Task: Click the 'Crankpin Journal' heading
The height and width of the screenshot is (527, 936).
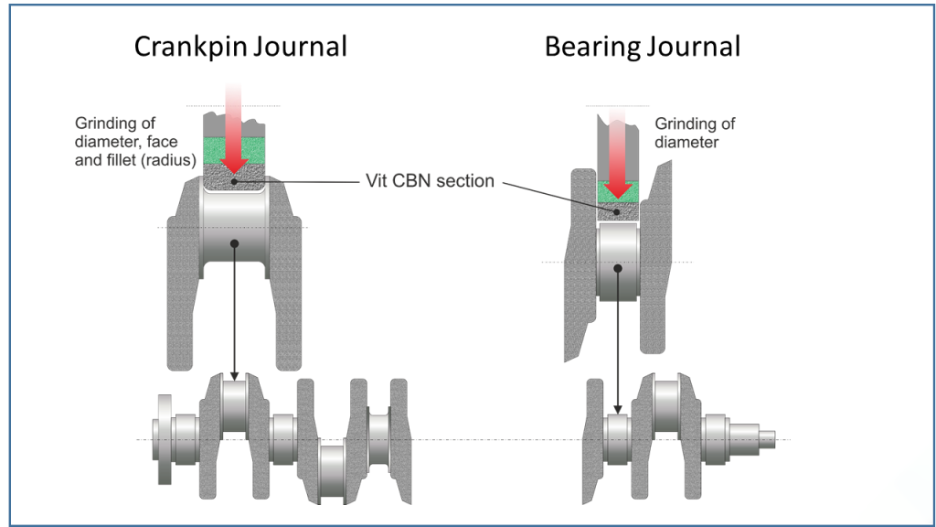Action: point(240,47)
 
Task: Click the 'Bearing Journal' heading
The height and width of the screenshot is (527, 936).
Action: point(642,47)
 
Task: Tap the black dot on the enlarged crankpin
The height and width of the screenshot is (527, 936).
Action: point(235,242)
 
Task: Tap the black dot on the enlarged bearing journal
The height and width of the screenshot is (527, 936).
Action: point(618,269)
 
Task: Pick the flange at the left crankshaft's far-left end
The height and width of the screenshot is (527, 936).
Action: point(165,439)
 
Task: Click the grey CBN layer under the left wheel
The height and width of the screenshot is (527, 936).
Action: point(235,180)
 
